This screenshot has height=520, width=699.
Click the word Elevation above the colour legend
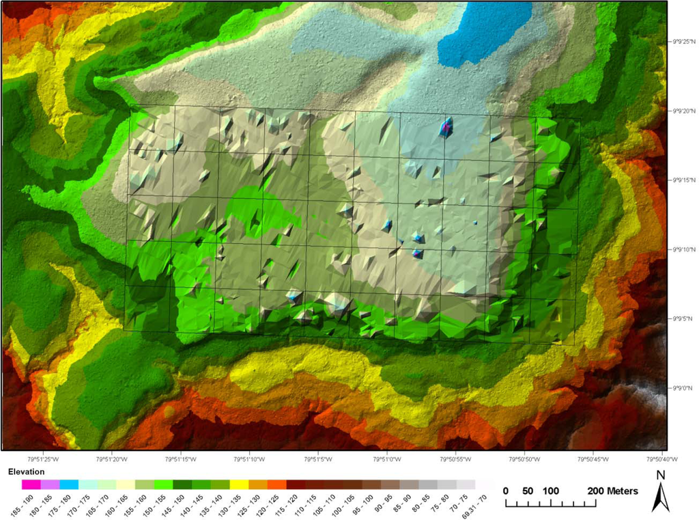pyautogui.click(x=27, y=471)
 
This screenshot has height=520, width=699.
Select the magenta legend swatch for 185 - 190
pyautogui.click(x=31, y=484)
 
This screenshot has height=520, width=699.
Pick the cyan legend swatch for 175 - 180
pyautogui.click(x=69, y=484)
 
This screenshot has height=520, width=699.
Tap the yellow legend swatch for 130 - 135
pyautogui.click(x=239, y=484)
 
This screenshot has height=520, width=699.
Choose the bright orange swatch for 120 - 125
pyautogui.click(x=276, y=484)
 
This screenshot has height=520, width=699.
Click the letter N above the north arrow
pyautogui.click(x=660, y=475)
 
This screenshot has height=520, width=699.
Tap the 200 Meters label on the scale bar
pyautogui.click(x=613, y=491)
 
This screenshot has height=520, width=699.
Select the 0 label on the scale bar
pyautogui.click(x=506, y=491)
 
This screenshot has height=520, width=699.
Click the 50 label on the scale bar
pyautogui.click(x=528, y=491)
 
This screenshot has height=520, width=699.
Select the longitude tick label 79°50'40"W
pyautogui.click(x=660, y=459)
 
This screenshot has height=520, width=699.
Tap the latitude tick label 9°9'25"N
pyautogui.click(x=683, y=40)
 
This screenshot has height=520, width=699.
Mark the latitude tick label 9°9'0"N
pyautogui.click(x=683, y=387)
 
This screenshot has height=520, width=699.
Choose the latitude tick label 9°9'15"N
pyautogui.click(x=683, y=180)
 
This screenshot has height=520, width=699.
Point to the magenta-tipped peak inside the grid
pyautogui.click(x=446, y=126)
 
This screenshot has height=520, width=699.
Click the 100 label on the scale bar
pyautogui.click(x=552, y=491)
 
